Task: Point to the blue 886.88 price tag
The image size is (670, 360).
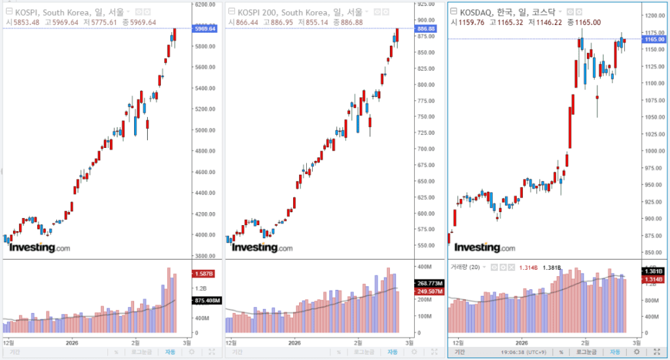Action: click(x=427, y=29)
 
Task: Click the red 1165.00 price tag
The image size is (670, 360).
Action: click(x=654, y=39)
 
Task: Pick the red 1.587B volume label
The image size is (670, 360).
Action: click(x=200, y=273)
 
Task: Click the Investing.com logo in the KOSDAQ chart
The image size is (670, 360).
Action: click(x=485, y=247)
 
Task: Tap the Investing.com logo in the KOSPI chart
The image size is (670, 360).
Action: click(x=39, y=247)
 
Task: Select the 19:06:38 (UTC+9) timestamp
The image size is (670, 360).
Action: click(x=523, y=351)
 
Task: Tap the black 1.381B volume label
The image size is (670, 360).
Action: click(x=654, y=271)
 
